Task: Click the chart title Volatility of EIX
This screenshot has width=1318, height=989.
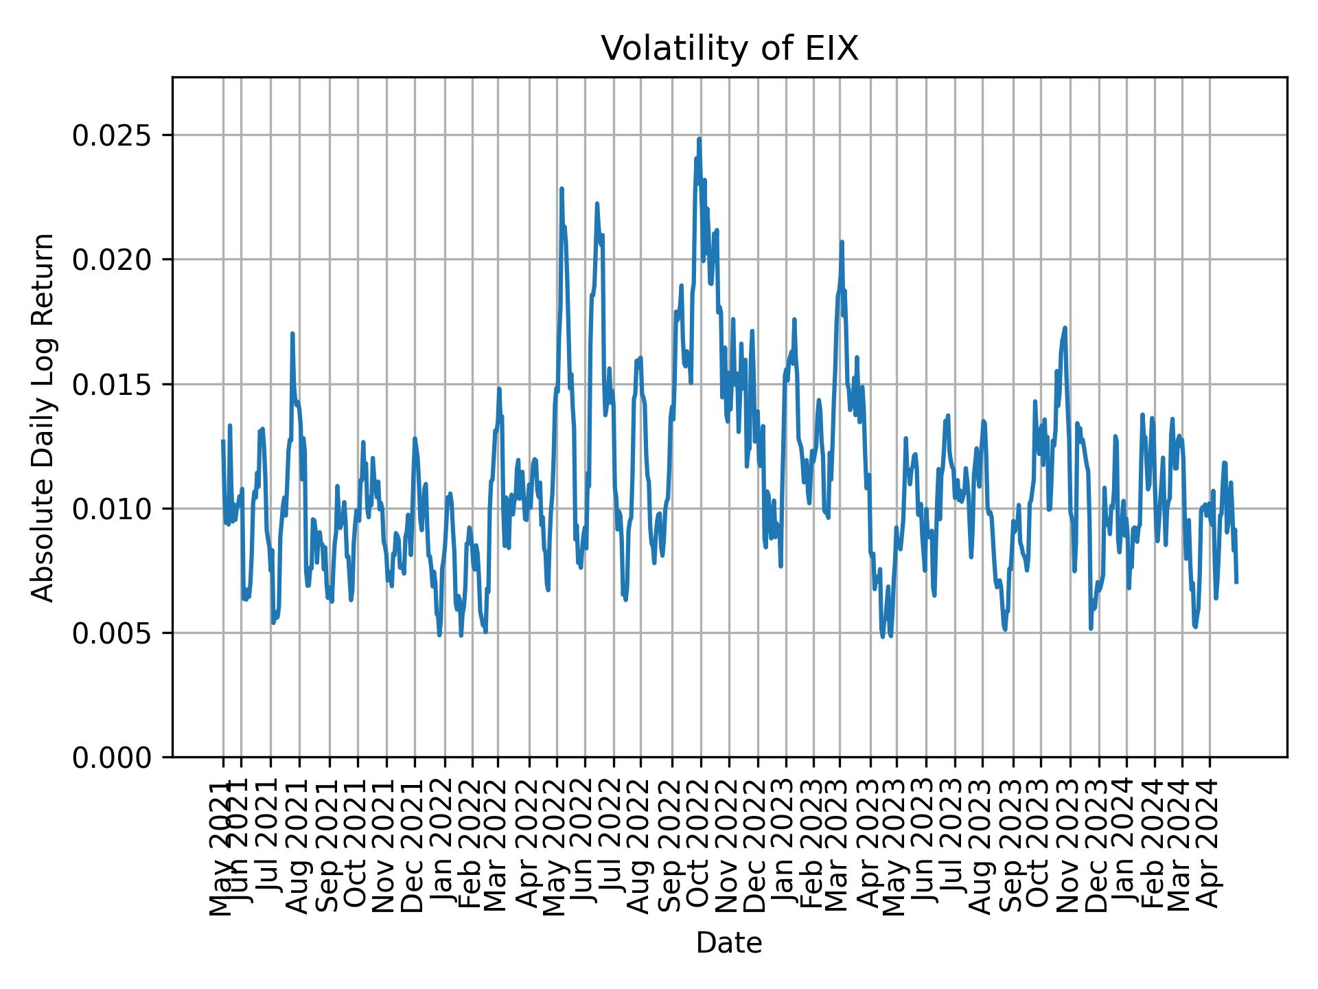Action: (729, 49)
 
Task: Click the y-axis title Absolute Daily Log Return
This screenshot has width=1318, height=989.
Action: (44, 417)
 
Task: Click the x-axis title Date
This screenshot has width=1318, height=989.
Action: (729, 943)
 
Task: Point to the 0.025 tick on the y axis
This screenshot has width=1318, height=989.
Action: (111, 135)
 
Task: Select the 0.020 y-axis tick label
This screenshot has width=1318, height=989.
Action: (111, 260)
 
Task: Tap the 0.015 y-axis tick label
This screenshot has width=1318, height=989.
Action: (111, 384)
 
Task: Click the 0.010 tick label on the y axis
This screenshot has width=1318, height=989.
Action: (111, 509)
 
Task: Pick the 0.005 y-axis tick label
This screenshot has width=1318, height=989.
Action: (111, 633)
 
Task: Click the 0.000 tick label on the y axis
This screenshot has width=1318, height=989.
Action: (111, 758)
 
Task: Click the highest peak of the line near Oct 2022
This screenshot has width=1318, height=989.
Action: (699, 139)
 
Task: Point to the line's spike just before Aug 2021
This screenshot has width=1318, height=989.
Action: (292, 334)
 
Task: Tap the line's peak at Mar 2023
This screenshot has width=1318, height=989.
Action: (842, 242)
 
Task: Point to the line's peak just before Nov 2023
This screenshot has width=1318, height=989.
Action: (1065, 328)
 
